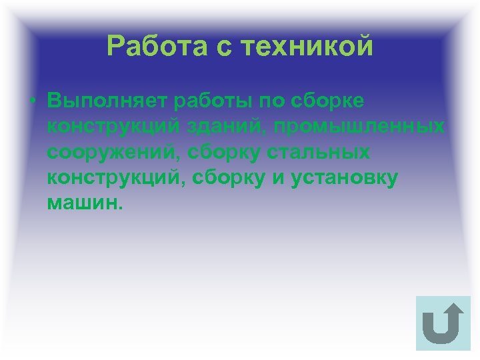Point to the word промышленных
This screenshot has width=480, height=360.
351,127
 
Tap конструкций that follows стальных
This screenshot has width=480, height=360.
112,177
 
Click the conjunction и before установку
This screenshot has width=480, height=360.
279,177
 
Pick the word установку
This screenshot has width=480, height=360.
344,177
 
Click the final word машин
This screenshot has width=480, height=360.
84,203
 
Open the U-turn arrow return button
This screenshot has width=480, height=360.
443,323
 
